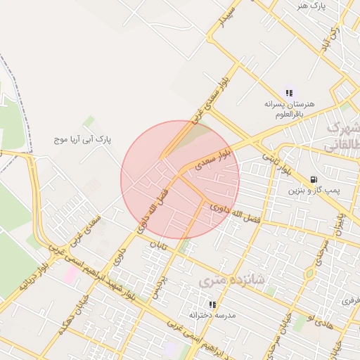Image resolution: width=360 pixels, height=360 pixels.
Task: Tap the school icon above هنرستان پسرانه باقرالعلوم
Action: tap(289, 92)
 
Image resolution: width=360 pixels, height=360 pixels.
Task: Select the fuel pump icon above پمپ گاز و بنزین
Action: tap(312, 179)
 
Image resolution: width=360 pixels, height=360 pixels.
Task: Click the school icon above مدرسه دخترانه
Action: tap(212, 304)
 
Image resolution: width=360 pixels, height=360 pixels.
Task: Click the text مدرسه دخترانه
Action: tap(212, 316)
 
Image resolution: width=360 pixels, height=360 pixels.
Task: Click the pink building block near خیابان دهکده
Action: tap(72, 274)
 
